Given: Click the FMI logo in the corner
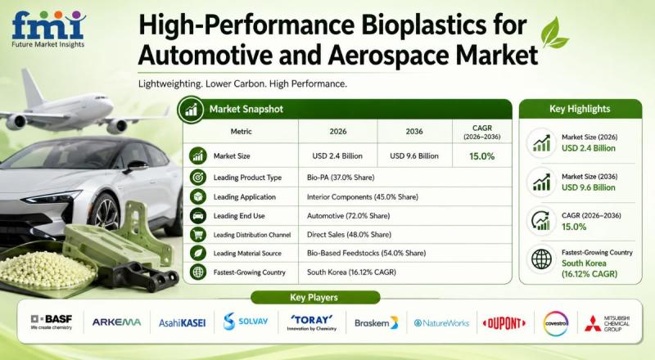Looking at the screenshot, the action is click(x=48, y=29).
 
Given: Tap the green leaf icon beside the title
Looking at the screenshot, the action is click(x=554, y=33).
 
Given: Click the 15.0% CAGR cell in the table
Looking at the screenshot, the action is click(x=481, y=156).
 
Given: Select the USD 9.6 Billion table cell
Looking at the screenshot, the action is click(x=414, y=155).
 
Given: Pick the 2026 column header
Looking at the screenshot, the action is click(x=338, y=131).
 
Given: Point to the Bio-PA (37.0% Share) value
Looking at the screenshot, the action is click(x=341, y=178).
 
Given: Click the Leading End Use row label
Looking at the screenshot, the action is click(x=239, y=216).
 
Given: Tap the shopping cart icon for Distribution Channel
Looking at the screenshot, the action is click(x=197, y=234).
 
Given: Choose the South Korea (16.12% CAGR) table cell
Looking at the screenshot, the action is click(x=351, y=272).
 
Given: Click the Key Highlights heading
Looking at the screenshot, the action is click(x=580, y=109).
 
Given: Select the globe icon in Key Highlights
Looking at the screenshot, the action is click(x=541, y=259).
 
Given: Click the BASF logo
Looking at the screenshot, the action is click(x=52, y=322).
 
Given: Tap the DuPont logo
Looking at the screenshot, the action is click(x=504, y=323).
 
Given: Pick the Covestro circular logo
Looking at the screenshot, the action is click(x=556, y=323).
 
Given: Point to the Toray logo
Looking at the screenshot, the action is click(x=312, y=322).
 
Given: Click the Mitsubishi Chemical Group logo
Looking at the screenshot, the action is click(x=607, y=324).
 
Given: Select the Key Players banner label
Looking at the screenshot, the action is click(x=314, y=297).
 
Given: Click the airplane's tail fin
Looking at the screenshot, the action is click(x=32, y=88).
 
